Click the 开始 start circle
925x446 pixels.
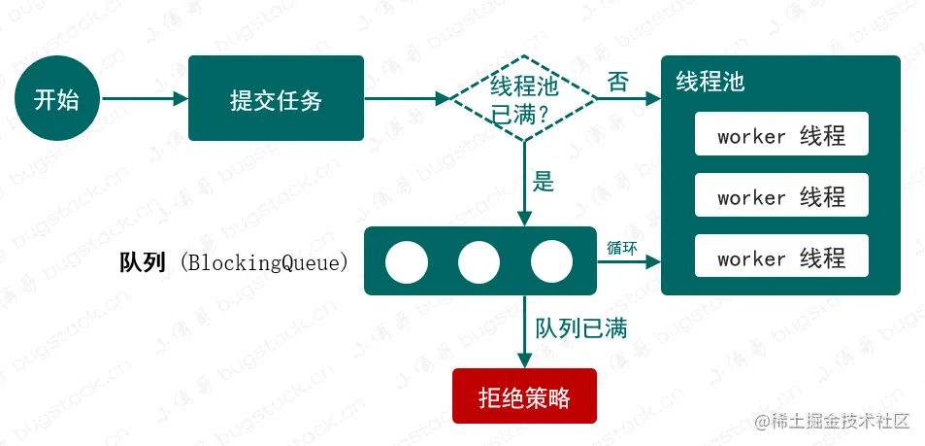pyautogui.click(x=57, y=99)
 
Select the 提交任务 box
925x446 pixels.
pyautogui.click(x=276, y=98)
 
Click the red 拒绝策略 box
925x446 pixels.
pyautogui.click(x=524, y=397)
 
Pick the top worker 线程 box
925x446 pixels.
pyautogui.click(x=781, y=136)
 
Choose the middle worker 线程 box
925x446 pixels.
pyautogui.click(x=781, y=197)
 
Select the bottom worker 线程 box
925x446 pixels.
pyautogui.click(x=781, y=258)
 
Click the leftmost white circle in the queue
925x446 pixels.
pyautogui.click(x=406, y=260)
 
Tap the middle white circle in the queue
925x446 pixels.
pyautogui.click(x=479, y=260)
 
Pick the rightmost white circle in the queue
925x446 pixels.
pyautogui.click(x=551, y=260)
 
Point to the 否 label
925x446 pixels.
pyautogui.click(x=619, y=83)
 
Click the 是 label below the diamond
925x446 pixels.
pyautogui.click(x=544, y=182)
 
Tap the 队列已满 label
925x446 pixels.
pyautogui.click(x=581, y=327)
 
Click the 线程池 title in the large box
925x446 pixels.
pyautogui.click(x=710, y=82)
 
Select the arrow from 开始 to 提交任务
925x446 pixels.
pyautogui.click(x=144, y=99)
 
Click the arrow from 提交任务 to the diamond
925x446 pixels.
pyautogui.click(x=407, y=99)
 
